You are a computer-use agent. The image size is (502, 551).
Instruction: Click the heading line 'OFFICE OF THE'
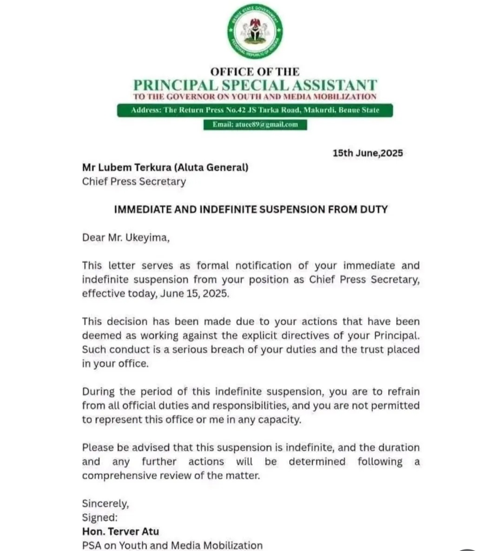coord(255,72)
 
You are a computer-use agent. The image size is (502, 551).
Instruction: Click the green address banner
coord(255,111)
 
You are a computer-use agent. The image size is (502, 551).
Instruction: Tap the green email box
coord(255,125)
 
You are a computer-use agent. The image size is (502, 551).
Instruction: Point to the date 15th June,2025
coord(367,153)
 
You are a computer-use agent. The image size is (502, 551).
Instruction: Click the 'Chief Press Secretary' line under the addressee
coord(134,182)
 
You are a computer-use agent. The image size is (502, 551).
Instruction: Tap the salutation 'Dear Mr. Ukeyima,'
coord(126,238)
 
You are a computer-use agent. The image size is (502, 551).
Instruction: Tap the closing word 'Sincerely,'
coord(106,504)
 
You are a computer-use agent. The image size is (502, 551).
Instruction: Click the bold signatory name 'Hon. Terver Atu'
coord(120,531)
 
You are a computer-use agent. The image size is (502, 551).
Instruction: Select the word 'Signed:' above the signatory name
coord(100,518)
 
